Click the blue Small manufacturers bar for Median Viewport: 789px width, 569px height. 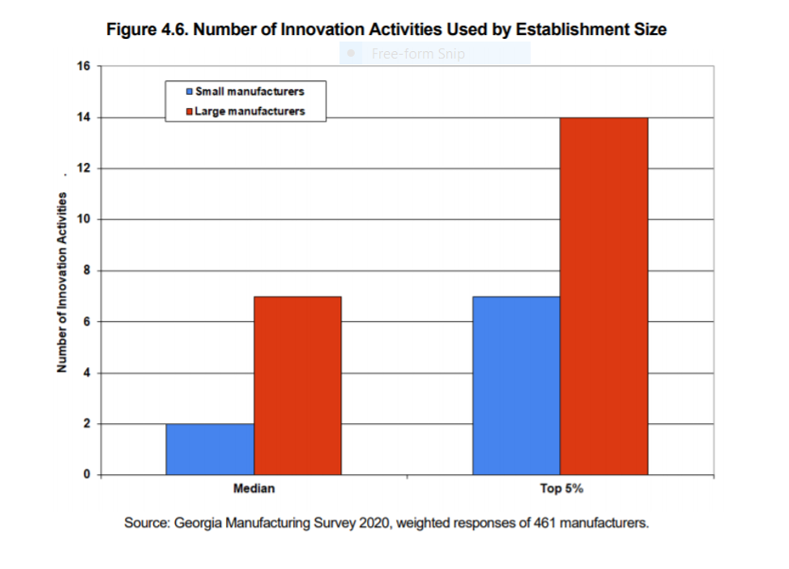210,449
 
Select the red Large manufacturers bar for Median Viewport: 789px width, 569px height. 297,385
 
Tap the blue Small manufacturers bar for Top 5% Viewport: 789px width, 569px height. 517,385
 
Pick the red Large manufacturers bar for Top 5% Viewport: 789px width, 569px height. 604,296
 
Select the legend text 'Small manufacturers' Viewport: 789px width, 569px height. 249,92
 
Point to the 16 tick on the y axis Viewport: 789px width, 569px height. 84,66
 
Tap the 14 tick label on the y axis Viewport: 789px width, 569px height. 84,118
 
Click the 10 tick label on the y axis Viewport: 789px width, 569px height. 84,220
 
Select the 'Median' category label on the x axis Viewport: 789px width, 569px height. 254,489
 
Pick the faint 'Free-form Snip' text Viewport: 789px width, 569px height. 418,54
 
